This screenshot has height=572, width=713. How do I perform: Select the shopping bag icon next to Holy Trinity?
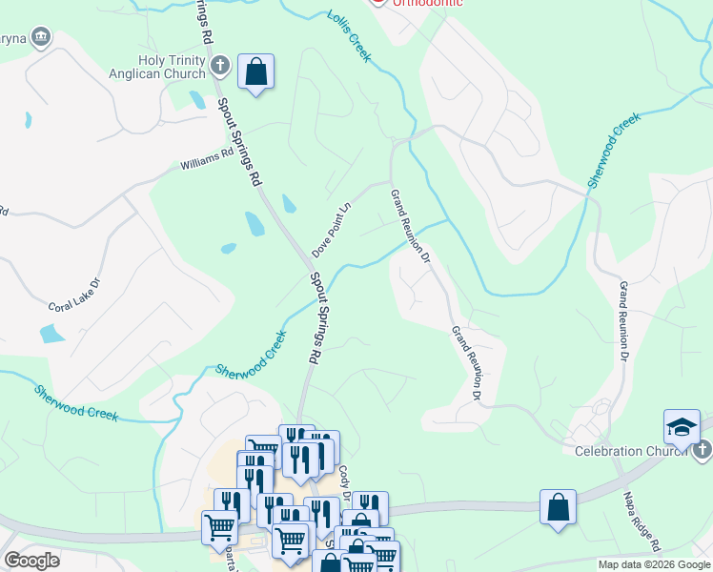click(x=255, y=71)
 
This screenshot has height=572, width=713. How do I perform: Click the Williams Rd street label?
click(x=207, y=158)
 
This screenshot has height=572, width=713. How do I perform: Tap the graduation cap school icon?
click(x=682, y=426)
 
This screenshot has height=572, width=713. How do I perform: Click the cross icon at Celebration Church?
click(x=701, y=449)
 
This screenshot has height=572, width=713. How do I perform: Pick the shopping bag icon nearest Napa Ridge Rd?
click(x=558, y=507)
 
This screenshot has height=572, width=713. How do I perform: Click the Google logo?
click(x=31, y=561)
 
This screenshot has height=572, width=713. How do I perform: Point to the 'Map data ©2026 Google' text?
click(x=654, y=564)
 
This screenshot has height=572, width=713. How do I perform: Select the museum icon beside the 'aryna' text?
click(x=40, y=37)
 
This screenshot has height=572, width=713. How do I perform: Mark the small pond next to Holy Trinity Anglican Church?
click(x=196, y=99)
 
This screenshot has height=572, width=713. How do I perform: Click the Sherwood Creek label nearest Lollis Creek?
click(x=613, y=150)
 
